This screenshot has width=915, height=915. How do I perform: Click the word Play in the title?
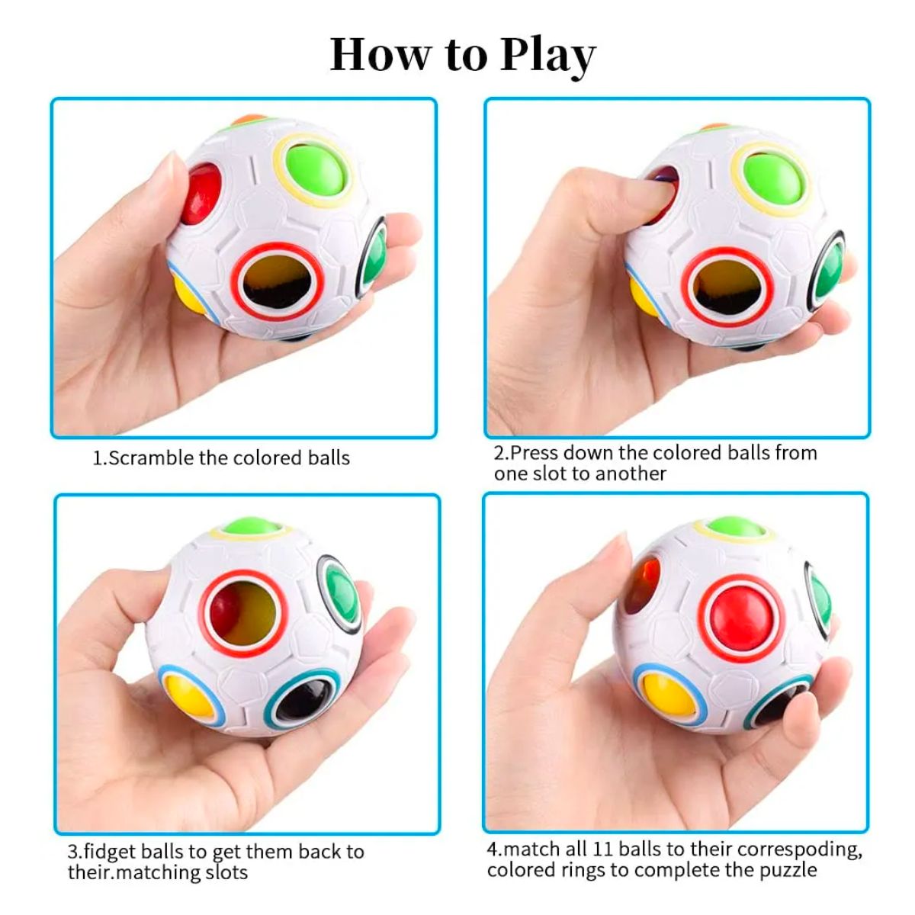coord(547,55)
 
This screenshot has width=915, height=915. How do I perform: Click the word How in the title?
coord(379,55)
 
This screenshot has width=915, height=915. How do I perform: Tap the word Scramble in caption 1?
coord(151,458)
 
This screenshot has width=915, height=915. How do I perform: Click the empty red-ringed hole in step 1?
coord(278,281)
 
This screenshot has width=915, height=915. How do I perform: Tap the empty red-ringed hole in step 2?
coord(727,286)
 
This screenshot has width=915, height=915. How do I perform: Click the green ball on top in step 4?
coord(735,527)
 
